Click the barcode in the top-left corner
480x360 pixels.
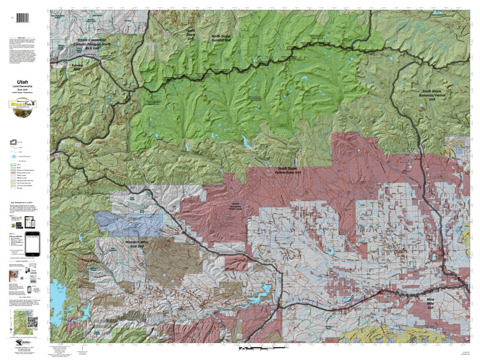click(x=24, y=18)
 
